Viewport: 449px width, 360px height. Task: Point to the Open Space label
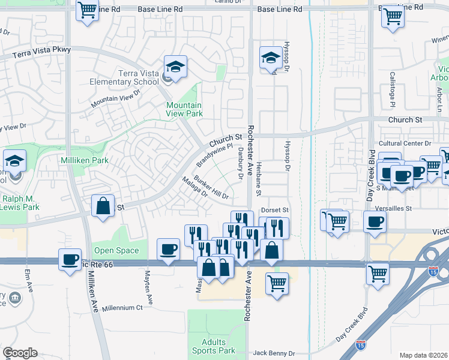point(116,250)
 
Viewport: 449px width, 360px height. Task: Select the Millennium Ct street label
point(122,308)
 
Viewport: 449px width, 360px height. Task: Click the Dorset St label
point(276,211)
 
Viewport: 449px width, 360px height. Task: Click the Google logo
point(20,353)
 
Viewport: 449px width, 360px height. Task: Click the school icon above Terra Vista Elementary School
point(175,67)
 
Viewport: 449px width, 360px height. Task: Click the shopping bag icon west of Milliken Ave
point(103,206)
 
